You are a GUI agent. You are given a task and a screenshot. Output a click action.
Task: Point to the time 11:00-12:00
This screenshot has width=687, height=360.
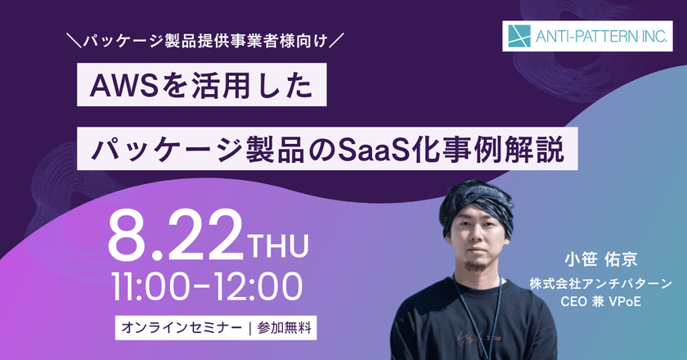[209, 286]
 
